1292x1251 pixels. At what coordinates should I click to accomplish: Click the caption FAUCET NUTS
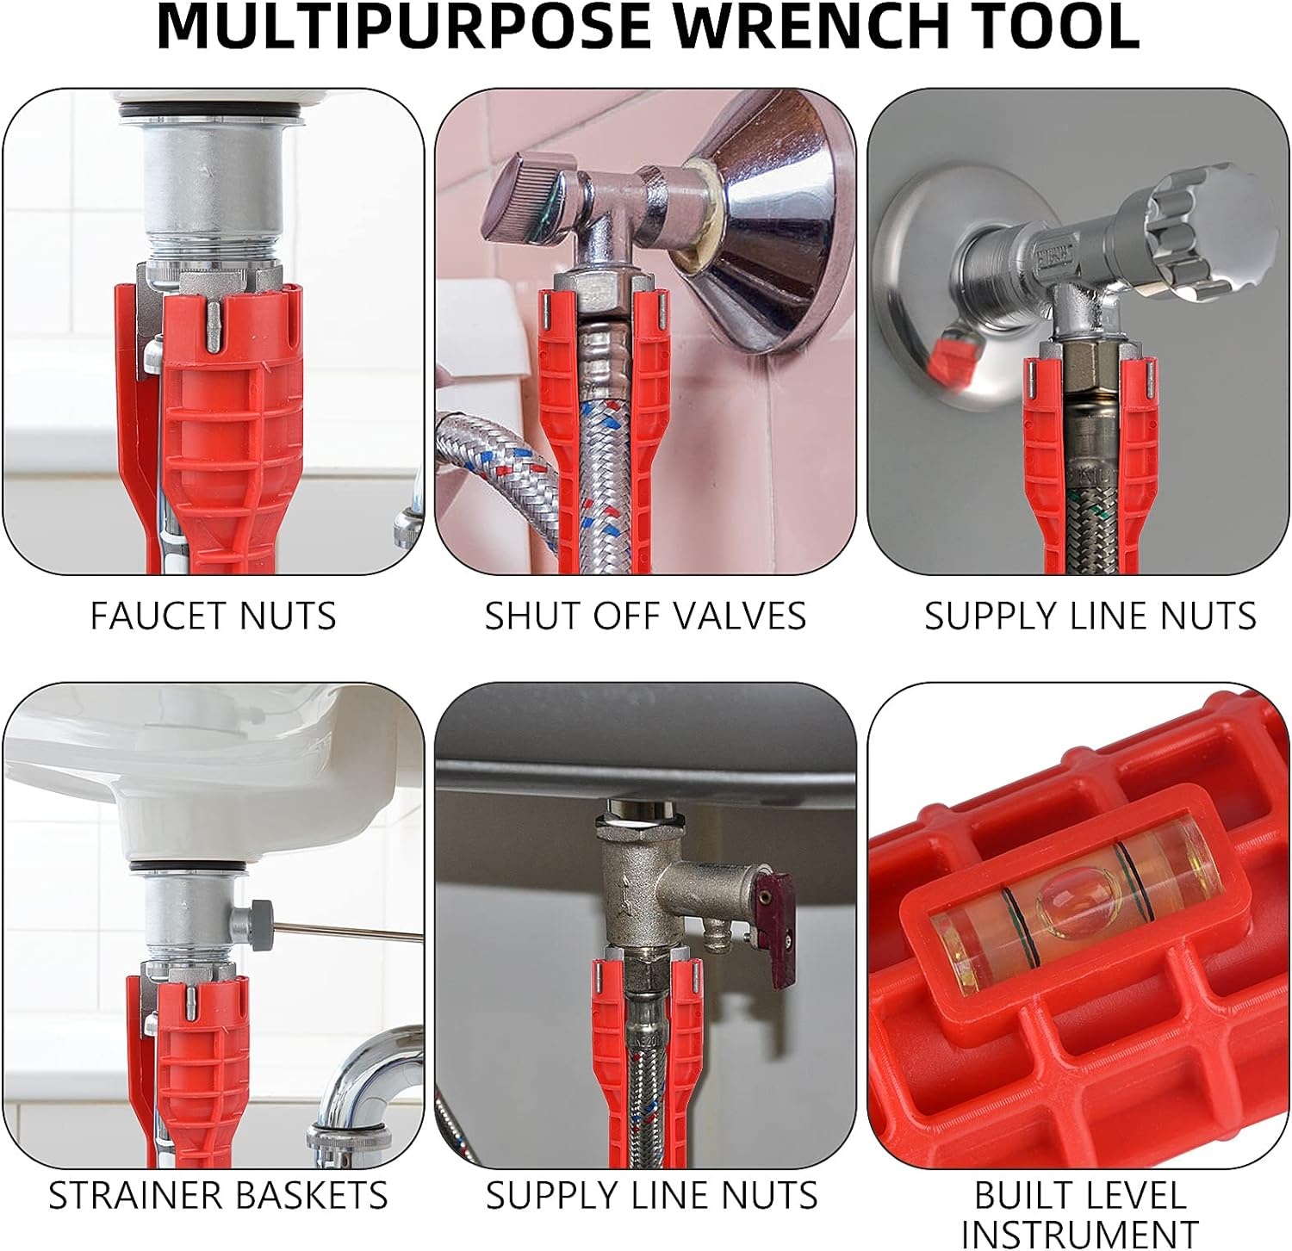(x=214, y=616)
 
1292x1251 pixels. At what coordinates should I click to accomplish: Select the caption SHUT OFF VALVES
(x=645, y=616)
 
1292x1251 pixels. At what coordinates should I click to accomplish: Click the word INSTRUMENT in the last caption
(x=1080, y=1234)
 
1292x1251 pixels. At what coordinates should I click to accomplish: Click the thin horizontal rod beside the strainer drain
(x=345, y=931)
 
